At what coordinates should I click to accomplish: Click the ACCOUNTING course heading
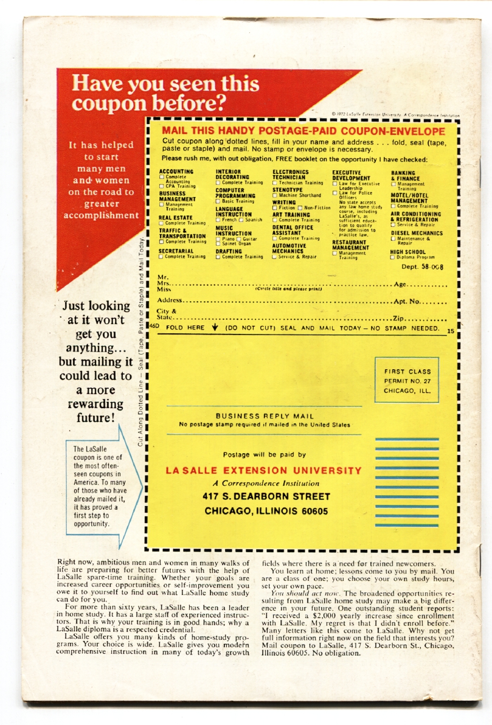pos(176,172)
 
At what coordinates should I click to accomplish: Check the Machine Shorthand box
pos(275,195)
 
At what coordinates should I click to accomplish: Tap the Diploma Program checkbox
pos(392,257)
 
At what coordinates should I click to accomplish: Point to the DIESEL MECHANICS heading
pos(417,233)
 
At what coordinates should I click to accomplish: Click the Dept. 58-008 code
pos(422,267)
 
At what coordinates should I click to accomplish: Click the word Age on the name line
pos(401,284)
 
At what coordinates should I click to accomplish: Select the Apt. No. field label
pos(407,301)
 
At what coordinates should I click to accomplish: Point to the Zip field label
pos(398,318)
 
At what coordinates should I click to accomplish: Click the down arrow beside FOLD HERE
pos(215,328)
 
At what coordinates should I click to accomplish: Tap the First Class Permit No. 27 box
pos(407,381)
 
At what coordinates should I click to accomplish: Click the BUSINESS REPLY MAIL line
pos(265,416)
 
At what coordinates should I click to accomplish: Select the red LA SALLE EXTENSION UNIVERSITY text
pos(263,471)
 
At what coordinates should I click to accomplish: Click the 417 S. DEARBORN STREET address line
pos(266,496)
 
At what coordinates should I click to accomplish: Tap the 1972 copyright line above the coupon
pos(395,114)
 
